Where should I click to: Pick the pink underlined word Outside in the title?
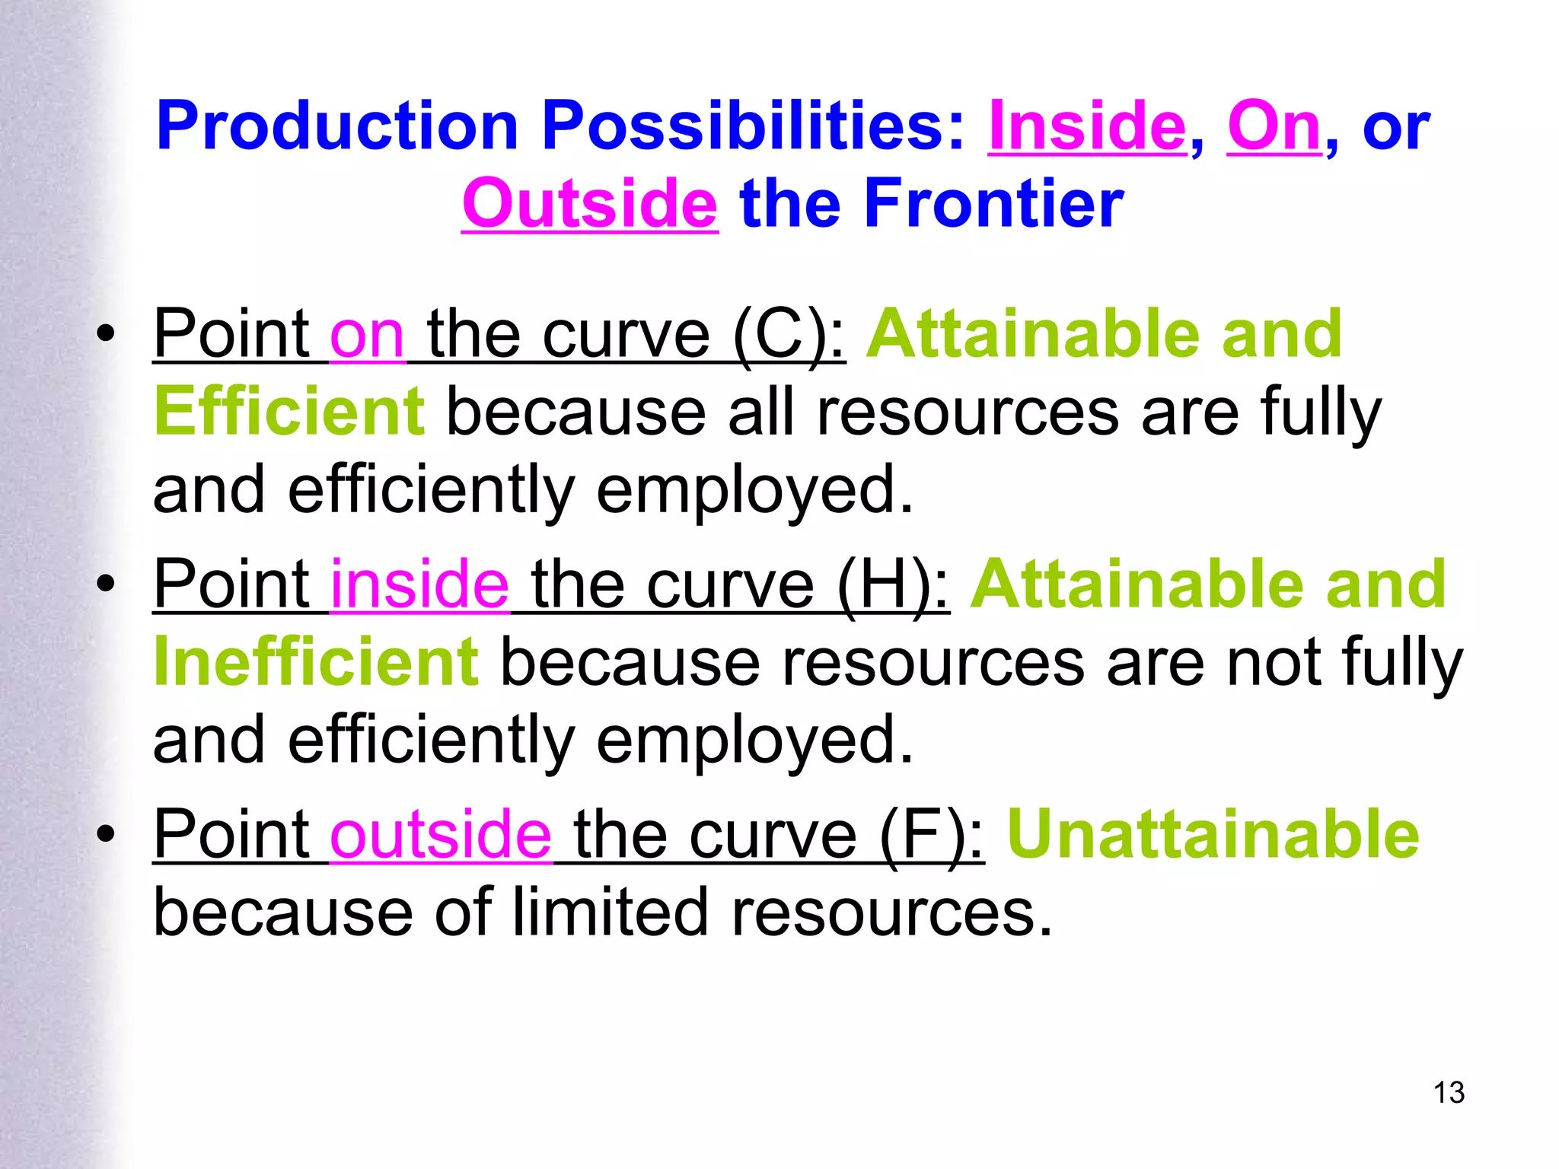pyautogui.click(x=589, y=204)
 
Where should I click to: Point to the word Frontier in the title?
pyautogui.click(x=993, y=204)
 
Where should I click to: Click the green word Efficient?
pyautogui.click(x=289, y=412)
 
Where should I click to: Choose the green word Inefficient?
pyautogui.click(x=316, y=662)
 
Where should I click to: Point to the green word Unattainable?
pyautogui.click(x=1213, y=834)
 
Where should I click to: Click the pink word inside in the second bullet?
pyautogui.click(x=419, y=584)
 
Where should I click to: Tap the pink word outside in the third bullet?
pyautogui.click(x=441, y=834)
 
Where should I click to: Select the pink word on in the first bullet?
pyautogui.click(x=367, y=336)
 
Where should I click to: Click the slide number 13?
pyautogui.click(x=1449, y=1093)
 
